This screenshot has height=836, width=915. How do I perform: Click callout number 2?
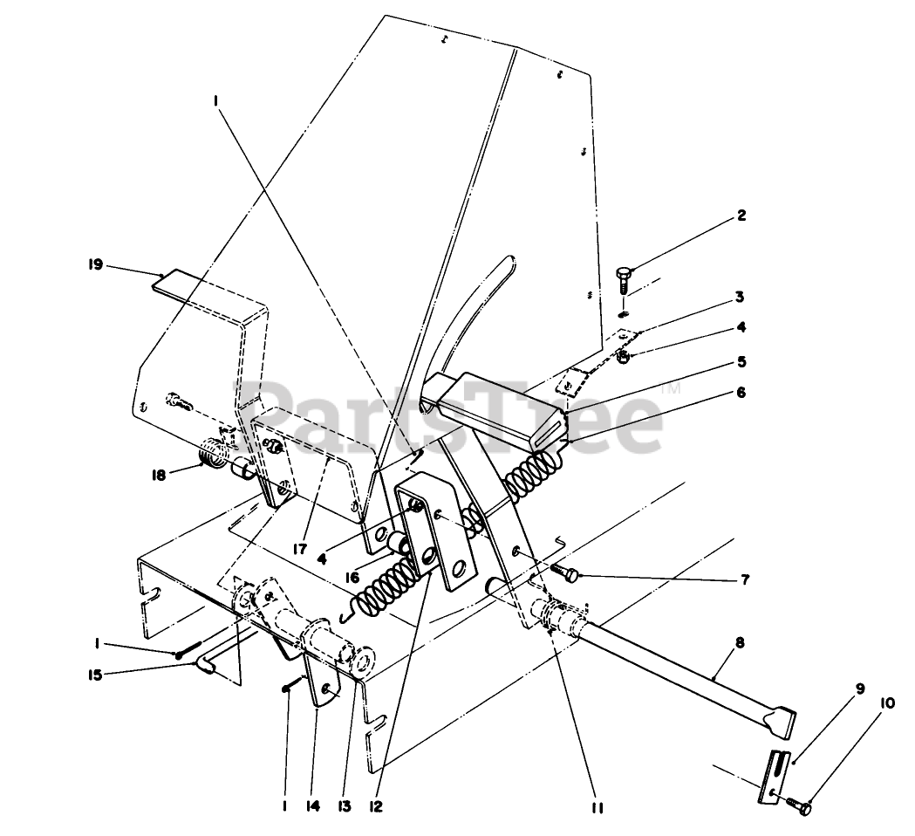click(x=741, y=216)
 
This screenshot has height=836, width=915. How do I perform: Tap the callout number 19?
click(x=95, y=263)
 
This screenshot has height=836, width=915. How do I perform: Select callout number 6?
click(x=741, y=393)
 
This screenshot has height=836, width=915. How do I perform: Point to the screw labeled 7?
click(x=567, y=571)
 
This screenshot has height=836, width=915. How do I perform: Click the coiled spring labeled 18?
click(x=211, y=455)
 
